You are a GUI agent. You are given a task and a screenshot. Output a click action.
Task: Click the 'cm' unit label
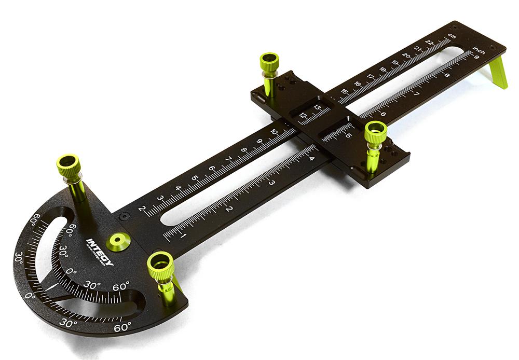[x=452, y=36]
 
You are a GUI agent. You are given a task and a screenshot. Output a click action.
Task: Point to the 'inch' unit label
[x=479, y=51]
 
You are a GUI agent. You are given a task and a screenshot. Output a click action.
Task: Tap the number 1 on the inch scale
[x=183, y=237]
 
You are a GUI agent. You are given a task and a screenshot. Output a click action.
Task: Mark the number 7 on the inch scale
[x=415, y=94]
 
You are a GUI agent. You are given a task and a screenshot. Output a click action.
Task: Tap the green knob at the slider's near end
[x=375, y=134]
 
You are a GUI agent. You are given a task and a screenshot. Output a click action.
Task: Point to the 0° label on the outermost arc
[x=31, y=296]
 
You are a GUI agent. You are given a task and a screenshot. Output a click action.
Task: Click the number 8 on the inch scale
[x=447, y=76]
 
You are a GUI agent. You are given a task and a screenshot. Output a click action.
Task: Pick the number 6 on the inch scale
[x=383, y=114]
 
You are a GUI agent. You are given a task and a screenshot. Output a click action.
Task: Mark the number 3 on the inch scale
[x=271, y=183]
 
